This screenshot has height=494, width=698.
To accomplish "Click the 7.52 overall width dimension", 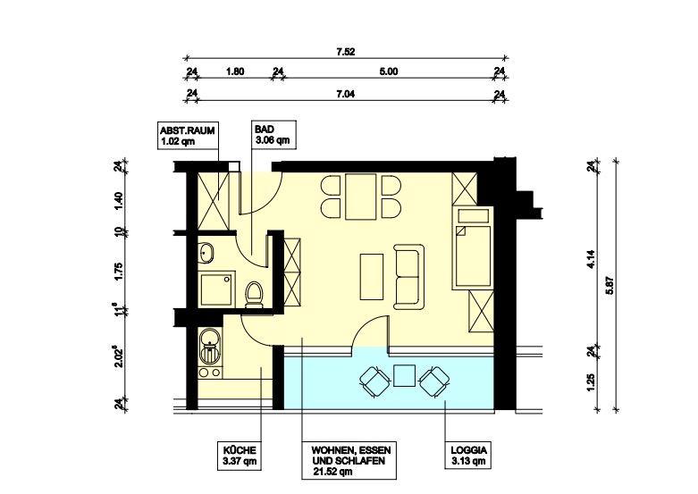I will [346, 52].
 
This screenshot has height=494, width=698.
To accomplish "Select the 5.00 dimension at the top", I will [387, 72].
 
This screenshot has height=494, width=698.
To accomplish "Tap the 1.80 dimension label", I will [235, 72].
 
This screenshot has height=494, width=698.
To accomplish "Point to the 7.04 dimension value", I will [346, 93].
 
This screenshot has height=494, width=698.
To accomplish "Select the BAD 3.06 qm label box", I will [270, 135].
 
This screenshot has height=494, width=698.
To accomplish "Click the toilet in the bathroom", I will [253, 294].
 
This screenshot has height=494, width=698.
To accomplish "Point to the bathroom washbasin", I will [207, 253].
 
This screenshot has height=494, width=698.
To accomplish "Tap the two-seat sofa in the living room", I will [410, 276].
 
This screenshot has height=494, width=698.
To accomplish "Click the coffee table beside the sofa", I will [370, 277].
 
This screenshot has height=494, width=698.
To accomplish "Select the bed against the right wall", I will [471, 247].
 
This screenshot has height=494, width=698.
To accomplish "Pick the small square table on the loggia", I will [404, 375].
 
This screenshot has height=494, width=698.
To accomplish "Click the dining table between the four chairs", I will [361, 197].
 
